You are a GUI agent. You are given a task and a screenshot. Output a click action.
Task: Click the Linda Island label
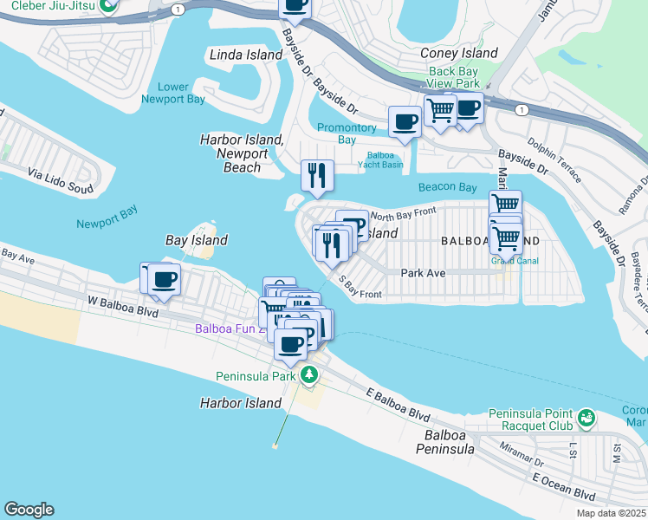(x=246, y=55)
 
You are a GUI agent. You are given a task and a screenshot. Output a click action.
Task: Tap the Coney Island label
(x=458, y=54)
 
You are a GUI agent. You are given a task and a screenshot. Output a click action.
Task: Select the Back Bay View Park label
(x=453, y=78)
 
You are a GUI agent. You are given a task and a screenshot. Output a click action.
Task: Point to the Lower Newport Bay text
(x=174, y=93)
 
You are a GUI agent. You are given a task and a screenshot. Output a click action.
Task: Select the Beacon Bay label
(x=447, y=187)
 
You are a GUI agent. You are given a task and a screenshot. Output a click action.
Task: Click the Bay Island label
(x=197, y=240)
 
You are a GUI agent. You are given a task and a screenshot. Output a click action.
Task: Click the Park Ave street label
(x=423, y=272)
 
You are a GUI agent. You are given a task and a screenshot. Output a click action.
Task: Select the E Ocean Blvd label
(x=564, y=486)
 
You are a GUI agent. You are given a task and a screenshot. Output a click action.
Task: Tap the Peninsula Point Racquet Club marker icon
(x=587, y=419)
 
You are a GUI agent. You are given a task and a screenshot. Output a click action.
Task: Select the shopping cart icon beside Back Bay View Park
(x=440, y=111)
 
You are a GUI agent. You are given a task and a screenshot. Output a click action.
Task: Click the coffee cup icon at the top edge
(x=295, y=6)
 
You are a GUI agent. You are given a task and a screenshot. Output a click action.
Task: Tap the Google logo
(x=29, y=510)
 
